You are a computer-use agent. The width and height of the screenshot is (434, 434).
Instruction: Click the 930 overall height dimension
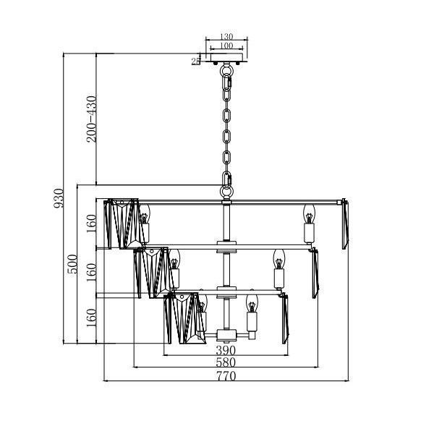[59, 198]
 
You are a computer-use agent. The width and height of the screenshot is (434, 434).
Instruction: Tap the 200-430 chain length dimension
[91, 119]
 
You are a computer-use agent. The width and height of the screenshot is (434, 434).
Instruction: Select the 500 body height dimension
[72, 264]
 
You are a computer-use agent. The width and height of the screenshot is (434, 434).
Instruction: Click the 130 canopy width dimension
[226, 36]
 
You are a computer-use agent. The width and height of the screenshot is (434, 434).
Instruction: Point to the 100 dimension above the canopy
[226, 46]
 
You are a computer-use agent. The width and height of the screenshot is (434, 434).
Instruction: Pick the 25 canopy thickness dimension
[196, 61]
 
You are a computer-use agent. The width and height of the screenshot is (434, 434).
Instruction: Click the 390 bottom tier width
[226, 350]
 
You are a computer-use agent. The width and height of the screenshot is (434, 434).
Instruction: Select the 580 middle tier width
[226, 362]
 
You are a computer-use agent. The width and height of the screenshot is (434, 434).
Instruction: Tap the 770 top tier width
[226, 376]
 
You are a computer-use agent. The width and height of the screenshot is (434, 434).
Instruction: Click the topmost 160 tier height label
[91, 224]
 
